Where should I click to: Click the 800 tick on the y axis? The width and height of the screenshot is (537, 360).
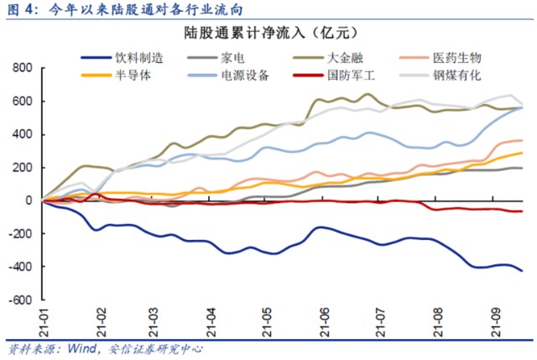point(19,68)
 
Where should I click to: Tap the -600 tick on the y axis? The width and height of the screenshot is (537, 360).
point(18,300)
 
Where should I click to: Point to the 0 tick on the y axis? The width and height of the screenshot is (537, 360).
point(26,201)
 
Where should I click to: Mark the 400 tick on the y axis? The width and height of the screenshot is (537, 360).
point(19,134)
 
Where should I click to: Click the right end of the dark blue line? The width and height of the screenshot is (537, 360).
point(523,270)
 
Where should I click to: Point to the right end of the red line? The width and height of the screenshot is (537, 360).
point(523,211)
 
